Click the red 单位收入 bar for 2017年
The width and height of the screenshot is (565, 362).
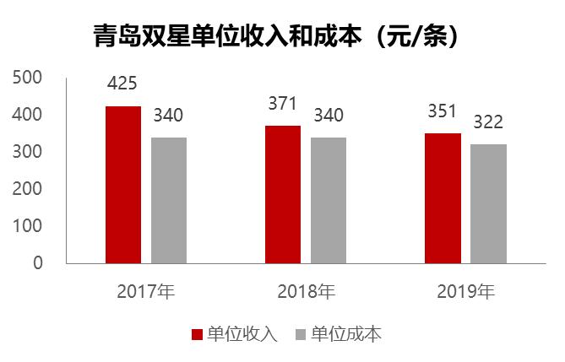click(x=123, y=185)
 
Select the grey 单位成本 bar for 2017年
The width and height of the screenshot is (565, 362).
click(x=169, y=200)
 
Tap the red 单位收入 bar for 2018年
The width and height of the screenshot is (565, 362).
click(x=283, y=194)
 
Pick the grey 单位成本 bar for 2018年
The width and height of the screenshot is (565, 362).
click(x=329, y=200)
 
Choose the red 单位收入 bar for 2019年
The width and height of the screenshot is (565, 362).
click(x=443, y=198)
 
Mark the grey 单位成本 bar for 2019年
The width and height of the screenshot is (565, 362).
click(x=488, y=203)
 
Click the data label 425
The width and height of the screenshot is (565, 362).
click(x=122, y=84)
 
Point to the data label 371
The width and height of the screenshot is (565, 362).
click(x=283, y=104)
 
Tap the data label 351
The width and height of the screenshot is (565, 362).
click(x=443, y=111)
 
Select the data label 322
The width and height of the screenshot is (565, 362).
click(x=488, y=122)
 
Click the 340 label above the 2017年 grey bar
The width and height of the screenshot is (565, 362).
click(x=168, y=115)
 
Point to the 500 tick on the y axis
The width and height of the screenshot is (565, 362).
click(x=29, y=77)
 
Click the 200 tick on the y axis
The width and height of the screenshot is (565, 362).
click(x=29, y=189)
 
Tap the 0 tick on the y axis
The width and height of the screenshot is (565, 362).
click(x=37, y=263)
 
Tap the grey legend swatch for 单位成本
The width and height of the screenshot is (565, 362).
click(x=300, y=334)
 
